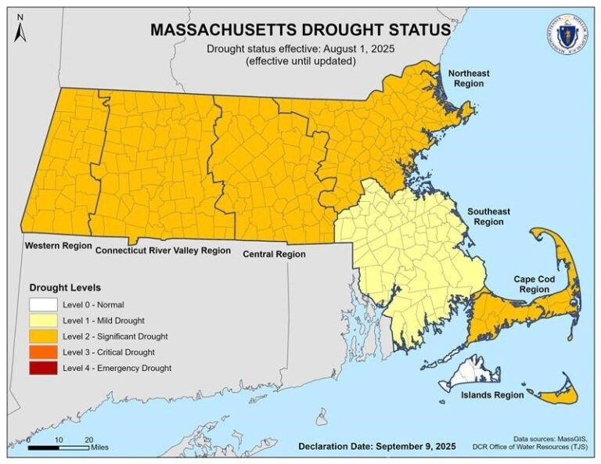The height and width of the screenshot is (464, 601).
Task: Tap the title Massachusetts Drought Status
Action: tap(300, 30)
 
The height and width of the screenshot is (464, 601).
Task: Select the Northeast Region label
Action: tap(468, 78)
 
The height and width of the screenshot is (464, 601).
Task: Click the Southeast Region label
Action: tap(489, 217)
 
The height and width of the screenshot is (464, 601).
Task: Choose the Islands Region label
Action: tap(492, 395)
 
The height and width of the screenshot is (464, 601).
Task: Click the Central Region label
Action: tap(274, 254)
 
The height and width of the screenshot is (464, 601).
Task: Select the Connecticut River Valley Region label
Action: tap(163, 251)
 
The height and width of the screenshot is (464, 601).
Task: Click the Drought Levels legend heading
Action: tap(65, 287)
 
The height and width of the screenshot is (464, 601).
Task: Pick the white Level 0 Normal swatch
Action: tap(44, 305)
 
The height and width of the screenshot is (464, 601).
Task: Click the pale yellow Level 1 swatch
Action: tap(44, 321)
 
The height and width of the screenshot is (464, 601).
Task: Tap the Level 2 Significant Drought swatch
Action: tap(44, 336)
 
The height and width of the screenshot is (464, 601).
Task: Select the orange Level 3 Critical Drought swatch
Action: tap(44, 352)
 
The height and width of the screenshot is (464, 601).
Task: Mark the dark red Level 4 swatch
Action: tap(44, 368)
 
